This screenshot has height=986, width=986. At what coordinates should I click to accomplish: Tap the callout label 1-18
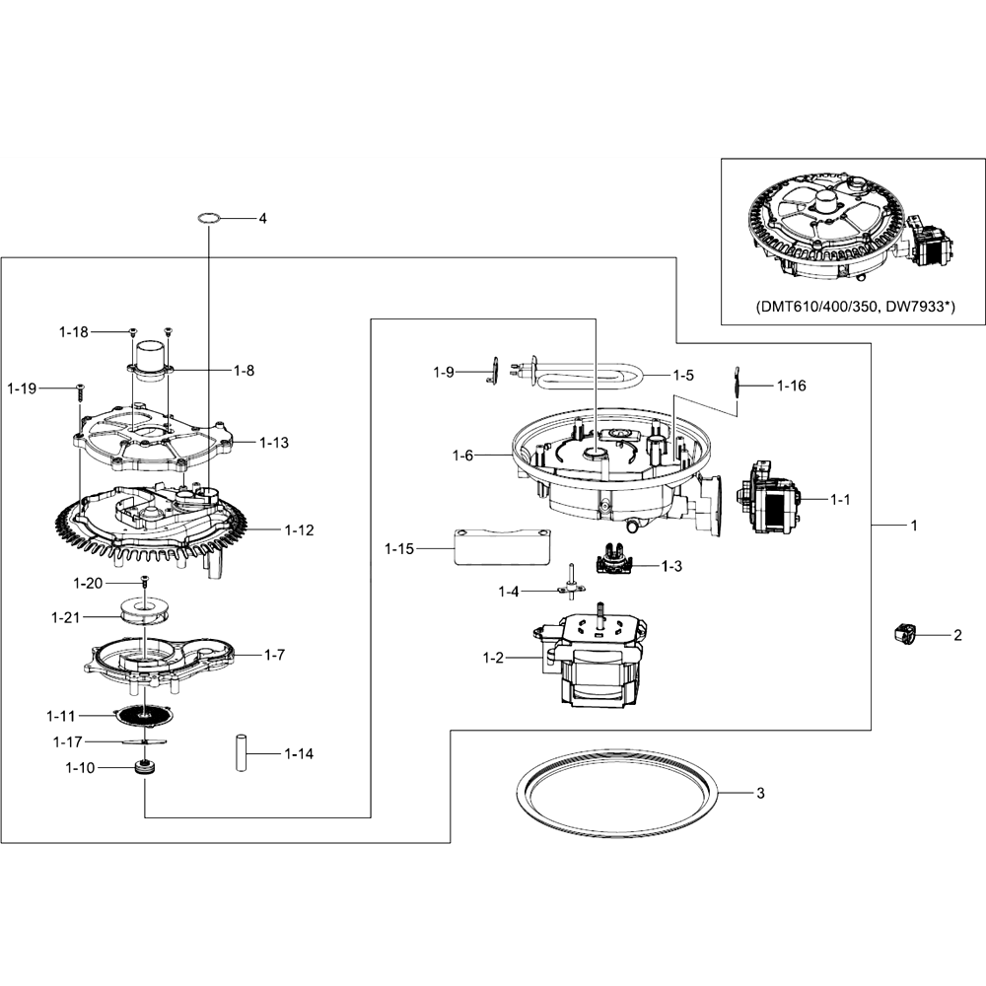point(74,332)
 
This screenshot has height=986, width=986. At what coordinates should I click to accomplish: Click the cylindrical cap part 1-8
point(150,360)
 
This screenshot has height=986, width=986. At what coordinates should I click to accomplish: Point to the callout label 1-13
point(274,443)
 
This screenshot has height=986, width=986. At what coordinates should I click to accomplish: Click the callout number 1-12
point(299,530)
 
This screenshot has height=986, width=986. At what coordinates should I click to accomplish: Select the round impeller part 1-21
point(145,612)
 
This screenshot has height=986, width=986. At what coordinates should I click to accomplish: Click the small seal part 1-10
point(146,768)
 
